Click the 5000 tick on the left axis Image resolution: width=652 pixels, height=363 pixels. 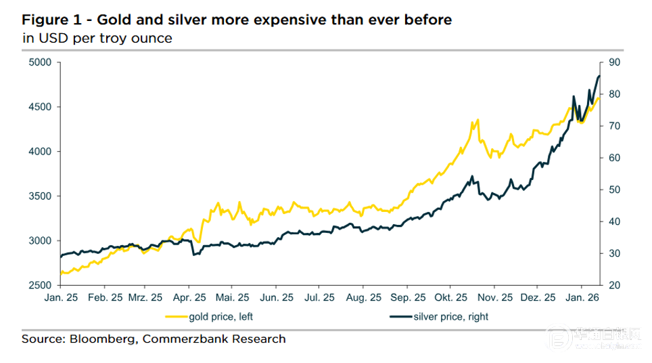41,62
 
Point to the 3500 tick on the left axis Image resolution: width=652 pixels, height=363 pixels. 41,196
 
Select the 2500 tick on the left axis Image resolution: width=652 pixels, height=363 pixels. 41,285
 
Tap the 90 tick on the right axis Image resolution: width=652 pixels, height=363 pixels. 614,62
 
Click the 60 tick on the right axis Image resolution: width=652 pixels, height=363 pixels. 614,158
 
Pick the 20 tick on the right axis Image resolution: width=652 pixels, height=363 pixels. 614,285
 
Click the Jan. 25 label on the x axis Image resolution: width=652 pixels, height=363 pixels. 61,297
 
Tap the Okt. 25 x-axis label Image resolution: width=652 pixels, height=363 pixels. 451,297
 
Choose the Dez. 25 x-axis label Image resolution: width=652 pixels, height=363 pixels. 539,297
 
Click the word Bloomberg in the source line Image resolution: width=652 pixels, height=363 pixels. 101,339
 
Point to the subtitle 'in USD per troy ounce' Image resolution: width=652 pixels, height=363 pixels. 97,38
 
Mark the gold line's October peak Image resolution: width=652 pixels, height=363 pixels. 478,120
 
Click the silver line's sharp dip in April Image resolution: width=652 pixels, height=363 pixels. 194,255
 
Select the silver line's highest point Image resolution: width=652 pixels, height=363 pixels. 599,76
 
